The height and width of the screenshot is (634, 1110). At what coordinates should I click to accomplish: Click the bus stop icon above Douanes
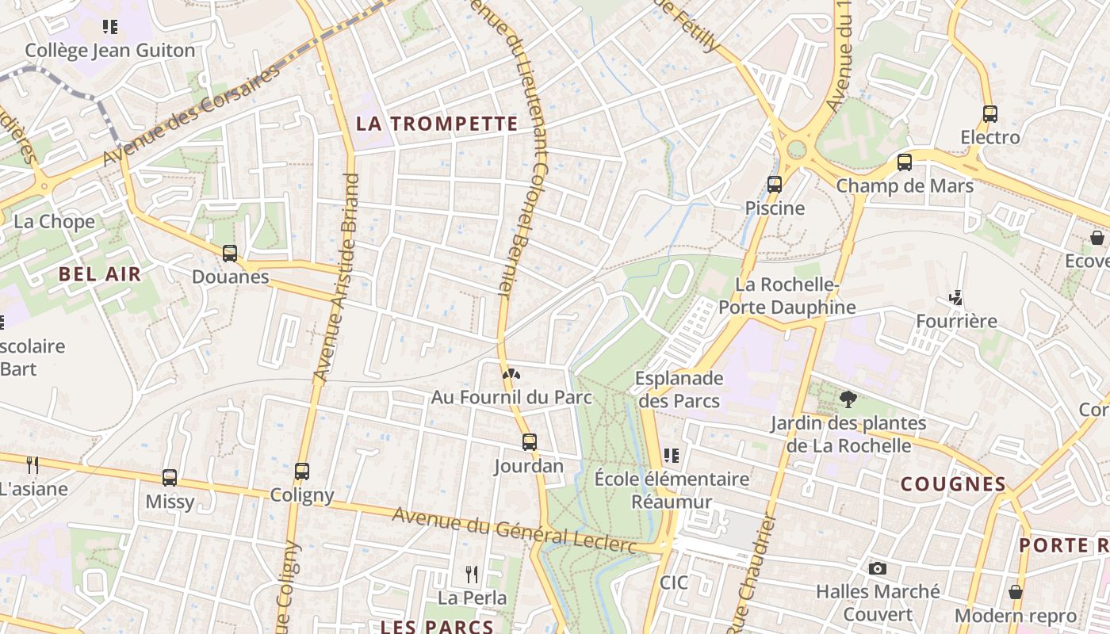[230, 254]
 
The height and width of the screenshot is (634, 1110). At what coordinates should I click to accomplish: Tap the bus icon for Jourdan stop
[530, 442]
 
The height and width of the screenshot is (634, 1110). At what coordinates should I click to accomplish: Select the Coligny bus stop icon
[302, 472]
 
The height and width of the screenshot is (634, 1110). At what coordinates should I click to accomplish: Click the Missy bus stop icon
[170, 478]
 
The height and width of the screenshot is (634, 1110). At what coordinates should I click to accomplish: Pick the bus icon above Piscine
[775, 185]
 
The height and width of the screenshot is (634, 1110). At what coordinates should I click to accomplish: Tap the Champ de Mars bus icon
[905, 162]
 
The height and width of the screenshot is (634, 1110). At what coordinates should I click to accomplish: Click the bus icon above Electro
[990, 113]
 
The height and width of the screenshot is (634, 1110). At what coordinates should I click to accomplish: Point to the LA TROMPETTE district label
[437, 124]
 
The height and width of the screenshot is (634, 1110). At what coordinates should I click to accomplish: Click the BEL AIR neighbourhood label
[100, 275]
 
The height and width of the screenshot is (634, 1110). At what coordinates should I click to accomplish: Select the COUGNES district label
[954, 484]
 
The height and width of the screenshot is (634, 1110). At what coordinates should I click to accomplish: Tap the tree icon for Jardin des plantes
[848, 399]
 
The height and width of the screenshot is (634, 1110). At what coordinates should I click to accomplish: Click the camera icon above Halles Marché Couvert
[878, 568]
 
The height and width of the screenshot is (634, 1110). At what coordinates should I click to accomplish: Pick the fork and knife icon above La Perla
[472, 574]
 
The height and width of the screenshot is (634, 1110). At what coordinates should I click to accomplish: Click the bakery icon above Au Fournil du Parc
[511, 373]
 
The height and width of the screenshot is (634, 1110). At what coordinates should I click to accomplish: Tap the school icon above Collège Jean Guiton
[110, 27]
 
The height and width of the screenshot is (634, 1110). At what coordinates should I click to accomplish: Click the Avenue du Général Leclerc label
[515, 530]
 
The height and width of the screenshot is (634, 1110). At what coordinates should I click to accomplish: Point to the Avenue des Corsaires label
[193, 116]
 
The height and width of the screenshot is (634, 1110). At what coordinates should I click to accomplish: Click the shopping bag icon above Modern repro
[1016, 592]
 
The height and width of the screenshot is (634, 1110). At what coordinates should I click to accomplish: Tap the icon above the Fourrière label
[956, 298]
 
